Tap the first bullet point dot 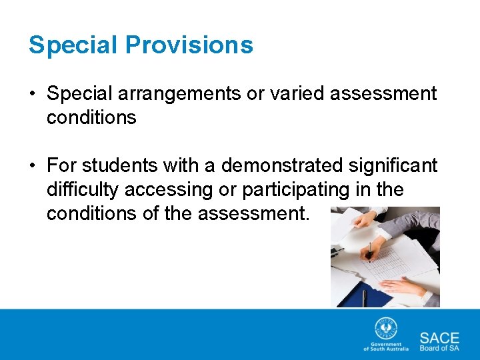(x=32, y=94)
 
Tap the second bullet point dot (x=32, y=165)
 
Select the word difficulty (x=83, y=190)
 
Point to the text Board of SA (x=439, y=348)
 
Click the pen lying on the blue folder (x=364, y=297)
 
